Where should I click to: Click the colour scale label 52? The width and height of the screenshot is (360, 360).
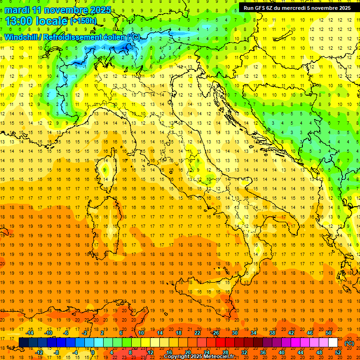[x=338, y=352]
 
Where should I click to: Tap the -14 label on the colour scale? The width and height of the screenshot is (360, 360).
[x=30, y=332]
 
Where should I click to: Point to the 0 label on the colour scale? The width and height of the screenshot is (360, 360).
[x=92, y=352]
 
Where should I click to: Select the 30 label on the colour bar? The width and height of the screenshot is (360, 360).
[x=234, y=332]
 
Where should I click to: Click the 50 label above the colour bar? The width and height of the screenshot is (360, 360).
[x=329, y=332]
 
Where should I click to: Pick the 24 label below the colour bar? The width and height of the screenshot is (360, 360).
[x=206, y=352]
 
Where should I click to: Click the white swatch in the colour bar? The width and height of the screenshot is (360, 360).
[x=333, y=343]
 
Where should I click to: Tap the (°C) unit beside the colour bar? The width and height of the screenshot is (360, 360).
[x=349, y=343]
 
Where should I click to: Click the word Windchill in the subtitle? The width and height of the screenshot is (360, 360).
[x=22, y=37]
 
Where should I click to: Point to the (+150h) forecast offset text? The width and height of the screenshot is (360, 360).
[x=83, y=21]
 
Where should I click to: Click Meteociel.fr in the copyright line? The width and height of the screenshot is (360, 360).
[x=219, y=357]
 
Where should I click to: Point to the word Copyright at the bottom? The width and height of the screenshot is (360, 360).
[x=176, y=357]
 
